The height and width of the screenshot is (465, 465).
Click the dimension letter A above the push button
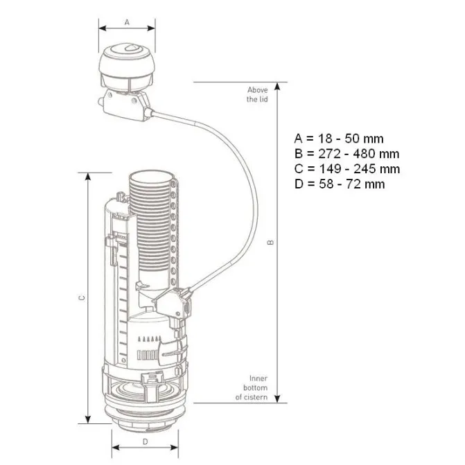pyautogui.click(x=127, y=22)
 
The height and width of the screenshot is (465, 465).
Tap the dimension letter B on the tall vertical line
pyautogui.click(x=270, y=243)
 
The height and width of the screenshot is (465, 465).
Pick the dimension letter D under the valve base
pyautogui.click(x=145, y=442)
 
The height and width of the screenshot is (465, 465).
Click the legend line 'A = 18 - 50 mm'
pyautogui.click(x=339, y=139)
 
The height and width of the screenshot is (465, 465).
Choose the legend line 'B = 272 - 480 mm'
pyautogui.click(x=346, y=154)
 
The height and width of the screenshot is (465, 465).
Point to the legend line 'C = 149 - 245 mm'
pyautogui.click(x=347, y=168)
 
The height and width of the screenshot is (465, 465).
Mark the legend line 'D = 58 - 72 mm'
pyautogui.click(x=340, y=184)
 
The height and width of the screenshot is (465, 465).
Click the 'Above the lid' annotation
pyautogui.click(x=257, y=94)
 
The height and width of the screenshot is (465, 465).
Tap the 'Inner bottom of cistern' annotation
pyautogui.click(x=252, y=387)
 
